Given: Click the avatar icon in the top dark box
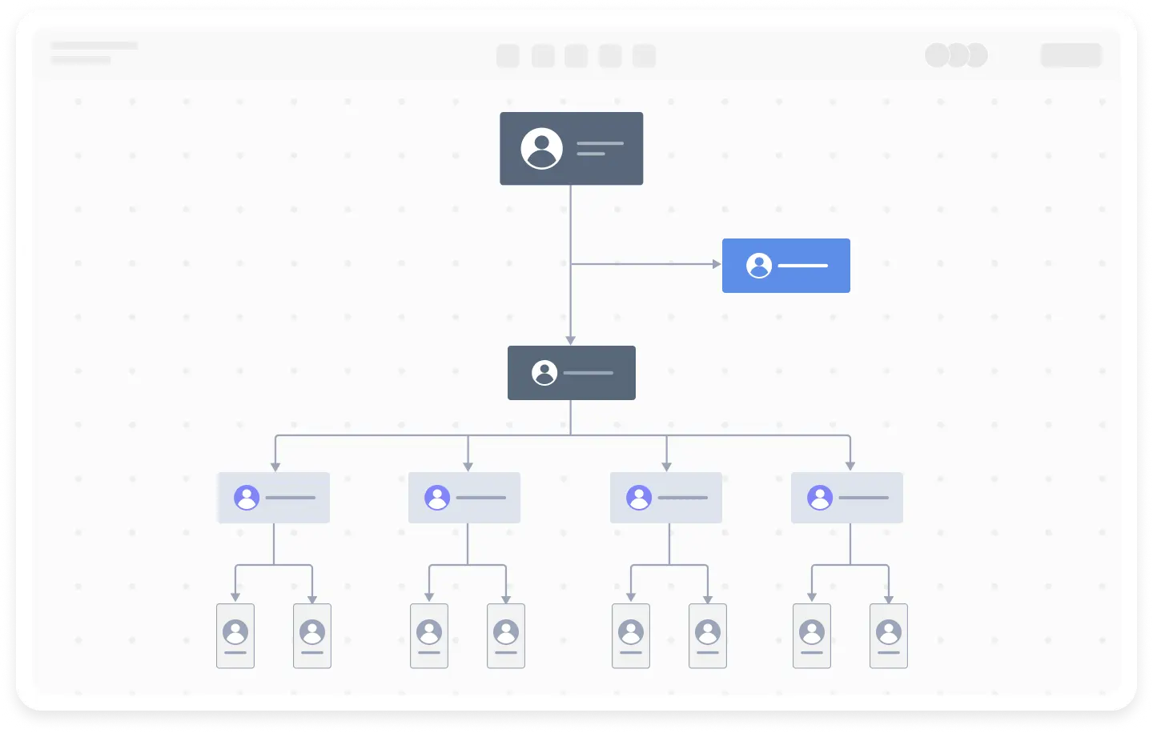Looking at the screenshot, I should click(541, 148).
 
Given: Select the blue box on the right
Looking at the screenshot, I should click(785, 266).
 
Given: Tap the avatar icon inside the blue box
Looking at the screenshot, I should click(759, 266).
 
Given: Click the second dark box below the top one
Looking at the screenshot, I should click(571, 373).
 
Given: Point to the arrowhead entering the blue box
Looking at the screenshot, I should click(717, 264).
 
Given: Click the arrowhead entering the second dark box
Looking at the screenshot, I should click(570, 340).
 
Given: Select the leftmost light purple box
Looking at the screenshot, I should click(273, 498).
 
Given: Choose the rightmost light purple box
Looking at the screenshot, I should click(846, 498).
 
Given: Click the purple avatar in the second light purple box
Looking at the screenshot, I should click(437, 498).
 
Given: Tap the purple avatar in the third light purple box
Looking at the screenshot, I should click(639, 498).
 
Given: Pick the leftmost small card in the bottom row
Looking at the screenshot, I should click(235, 636).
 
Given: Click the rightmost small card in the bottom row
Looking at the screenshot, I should click(889, 636).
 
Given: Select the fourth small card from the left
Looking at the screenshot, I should click(506, 636).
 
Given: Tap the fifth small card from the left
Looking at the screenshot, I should click(631, 636).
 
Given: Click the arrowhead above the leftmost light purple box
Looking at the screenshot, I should click(275, 466).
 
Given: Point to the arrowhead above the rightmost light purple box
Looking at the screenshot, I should click(850, 466).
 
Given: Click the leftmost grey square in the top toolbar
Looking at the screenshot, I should click(508, 56).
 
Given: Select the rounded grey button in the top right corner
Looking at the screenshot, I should click(1071, 55).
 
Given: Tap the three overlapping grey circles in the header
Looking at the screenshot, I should click(956, 55).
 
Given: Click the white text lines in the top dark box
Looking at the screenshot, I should click(599, 148).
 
